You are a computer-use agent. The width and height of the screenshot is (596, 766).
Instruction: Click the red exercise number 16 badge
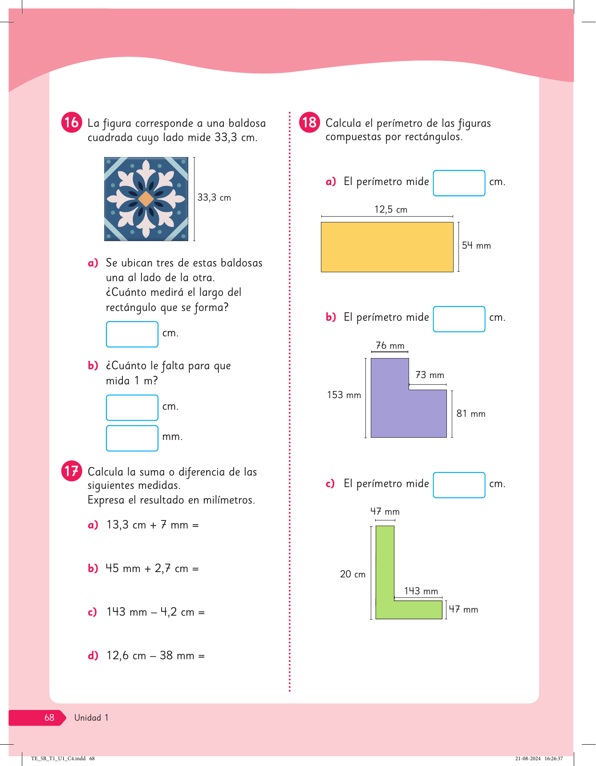click(71, 122)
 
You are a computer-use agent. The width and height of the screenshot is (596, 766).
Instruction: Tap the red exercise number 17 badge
click(71, 471)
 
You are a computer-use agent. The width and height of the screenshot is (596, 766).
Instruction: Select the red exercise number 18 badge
click(309, 122)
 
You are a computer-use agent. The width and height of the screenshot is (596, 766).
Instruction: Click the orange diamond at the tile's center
click(146, 199)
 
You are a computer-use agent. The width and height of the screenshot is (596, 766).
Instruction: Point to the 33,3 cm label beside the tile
click(214, 198)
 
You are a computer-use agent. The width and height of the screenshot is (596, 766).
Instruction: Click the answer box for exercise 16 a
click(132, 334)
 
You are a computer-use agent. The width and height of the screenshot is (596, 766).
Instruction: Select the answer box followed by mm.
click(132, 438)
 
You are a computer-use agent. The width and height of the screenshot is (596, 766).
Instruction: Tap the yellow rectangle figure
click(387, 247)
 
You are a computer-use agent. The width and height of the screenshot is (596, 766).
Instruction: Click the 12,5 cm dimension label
click(391, 210)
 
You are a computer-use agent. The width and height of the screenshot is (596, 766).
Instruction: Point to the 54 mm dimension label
click(476, 246)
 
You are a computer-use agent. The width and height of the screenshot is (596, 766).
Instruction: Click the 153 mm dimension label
click(344, 395)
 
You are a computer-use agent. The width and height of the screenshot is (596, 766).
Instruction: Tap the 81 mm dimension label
click(471, 414)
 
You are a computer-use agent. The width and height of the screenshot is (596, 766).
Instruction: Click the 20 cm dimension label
click(353, 574)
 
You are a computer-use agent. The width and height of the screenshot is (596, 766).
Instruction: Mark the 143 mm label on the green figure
click(421, 591)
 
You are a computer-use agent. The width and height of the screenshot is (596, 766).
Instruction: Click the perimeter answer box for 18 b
click(459, 319)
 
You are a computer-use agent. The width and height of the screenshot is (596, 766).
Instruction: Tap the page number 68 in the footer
click(49, 718)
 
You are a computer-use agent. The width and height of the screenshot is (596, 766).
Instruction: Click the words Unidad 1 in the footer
click(91, 718)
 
